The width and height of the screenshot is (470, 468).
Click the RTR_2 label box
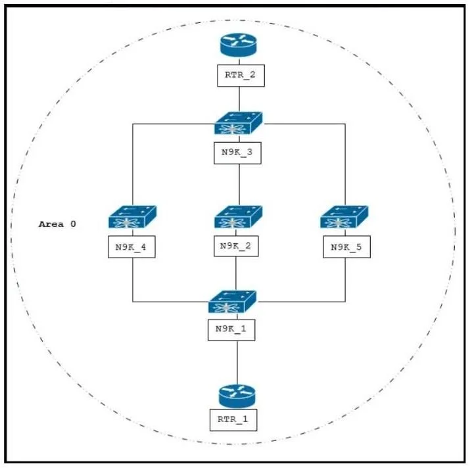coord(241,76)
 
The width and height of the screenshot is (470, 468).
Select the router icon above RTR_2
coord(239,45)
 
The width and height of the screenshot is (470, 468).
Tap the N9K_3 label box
coord(237,153)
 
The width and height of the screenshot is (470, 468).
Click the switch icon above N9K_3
coord(239,123)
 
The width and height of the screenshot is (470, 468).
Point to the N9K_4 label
coord(131,246)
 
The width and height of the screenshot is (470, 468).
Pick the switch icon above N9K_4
coord(133,217)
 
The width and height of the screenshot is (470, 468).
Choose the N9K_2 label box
coord(236,246)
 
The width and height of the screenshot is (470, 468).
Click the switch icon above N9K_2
coord(239,217)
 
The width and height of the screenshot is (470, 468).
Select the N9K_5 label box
coord(347,246)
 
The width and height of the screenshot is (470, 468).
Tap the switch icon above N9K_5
coord(344,217)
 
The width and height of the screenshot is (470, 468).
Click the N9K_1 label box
coord(231,330)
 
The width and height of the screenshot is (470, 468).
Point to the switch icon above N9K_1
coord(232,302)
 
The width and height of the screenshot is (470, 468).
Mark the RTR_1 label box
coord(233,420)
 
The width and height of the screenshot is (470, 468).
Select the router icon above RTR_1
coord(237,396)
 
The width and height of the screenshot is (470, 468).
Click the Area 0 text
coord(57,224)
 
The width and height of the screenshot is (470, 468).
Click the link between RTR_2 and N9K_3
coord(239,99)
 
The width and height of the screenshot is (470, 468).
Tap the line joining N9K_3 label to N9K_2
coord(239,185)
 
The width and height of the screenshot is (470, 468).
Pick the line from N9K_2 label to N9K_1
coord(236,273)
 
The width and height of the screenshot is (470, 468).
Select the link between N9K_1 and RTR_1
coord(237,363)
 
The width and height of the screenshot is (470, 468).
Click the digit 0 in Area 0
coord(73,224)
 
